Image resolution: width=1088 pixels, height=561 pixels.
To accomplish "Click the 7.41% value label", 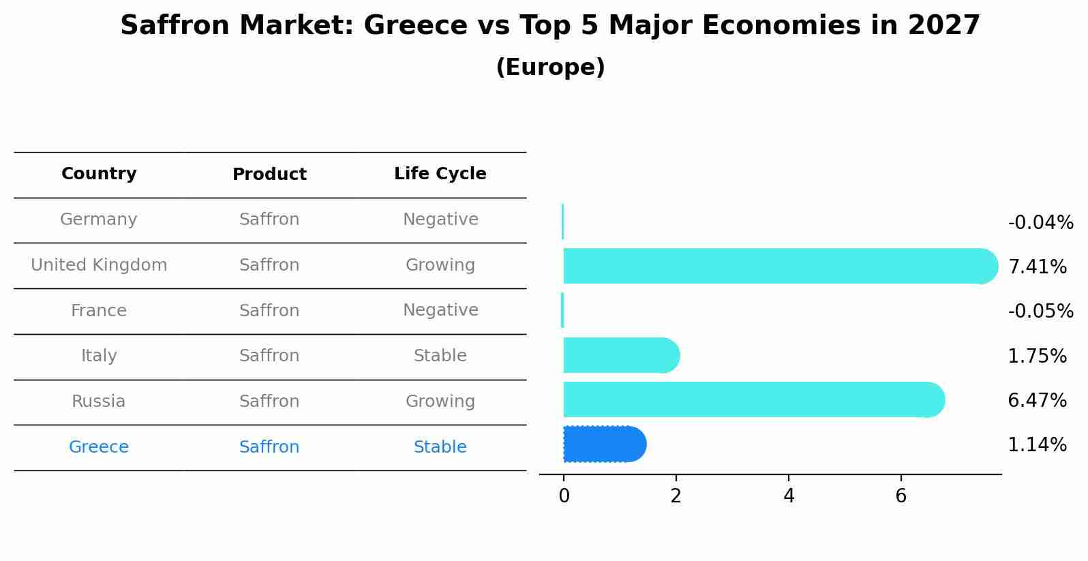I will [1037, 267].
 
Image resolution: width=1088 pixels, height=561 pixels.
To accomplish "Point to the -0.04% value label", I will [1040, 223].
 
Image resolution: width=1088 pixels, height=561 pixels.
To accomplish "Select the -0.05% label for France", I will [1040, 311].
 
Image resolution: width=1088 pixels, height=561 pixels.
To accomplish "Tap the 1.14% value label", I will [1037, 445].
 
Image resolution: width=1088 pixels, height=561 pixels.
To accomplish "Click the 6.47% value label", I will [1037, 400].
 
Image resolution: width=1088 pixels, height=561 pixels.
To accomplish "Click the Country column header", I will [99, 174].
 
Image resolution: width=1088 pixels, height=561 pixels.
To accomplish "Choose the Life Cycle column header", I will [440, 174].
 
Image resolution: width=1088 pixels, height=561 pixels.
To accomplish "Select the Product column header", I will [269, 175].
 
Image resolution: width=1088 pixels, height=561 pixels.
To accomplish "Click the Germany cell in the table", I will [99, 219].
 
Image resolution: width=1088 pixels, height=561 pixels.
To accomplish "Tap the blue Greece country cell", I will [99, 447].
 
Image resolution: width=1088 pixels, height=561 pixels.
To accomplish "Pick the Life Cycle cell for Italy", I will [440, 356].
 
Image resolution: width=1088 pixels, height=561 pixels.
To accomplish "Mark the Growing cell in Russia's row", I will [440, 401].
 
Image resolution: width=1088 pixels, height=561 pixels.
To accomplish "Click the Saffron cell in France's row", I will [269, 311].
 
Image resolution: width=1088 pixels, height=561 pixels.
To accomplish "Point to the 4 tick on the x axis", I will [789, 496].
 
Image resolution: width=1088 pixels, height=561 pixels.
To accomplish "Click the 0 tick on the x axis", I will [564, 496].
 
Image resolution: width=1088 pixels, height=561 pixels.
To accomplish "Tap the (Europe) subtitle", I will [550, 67].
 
